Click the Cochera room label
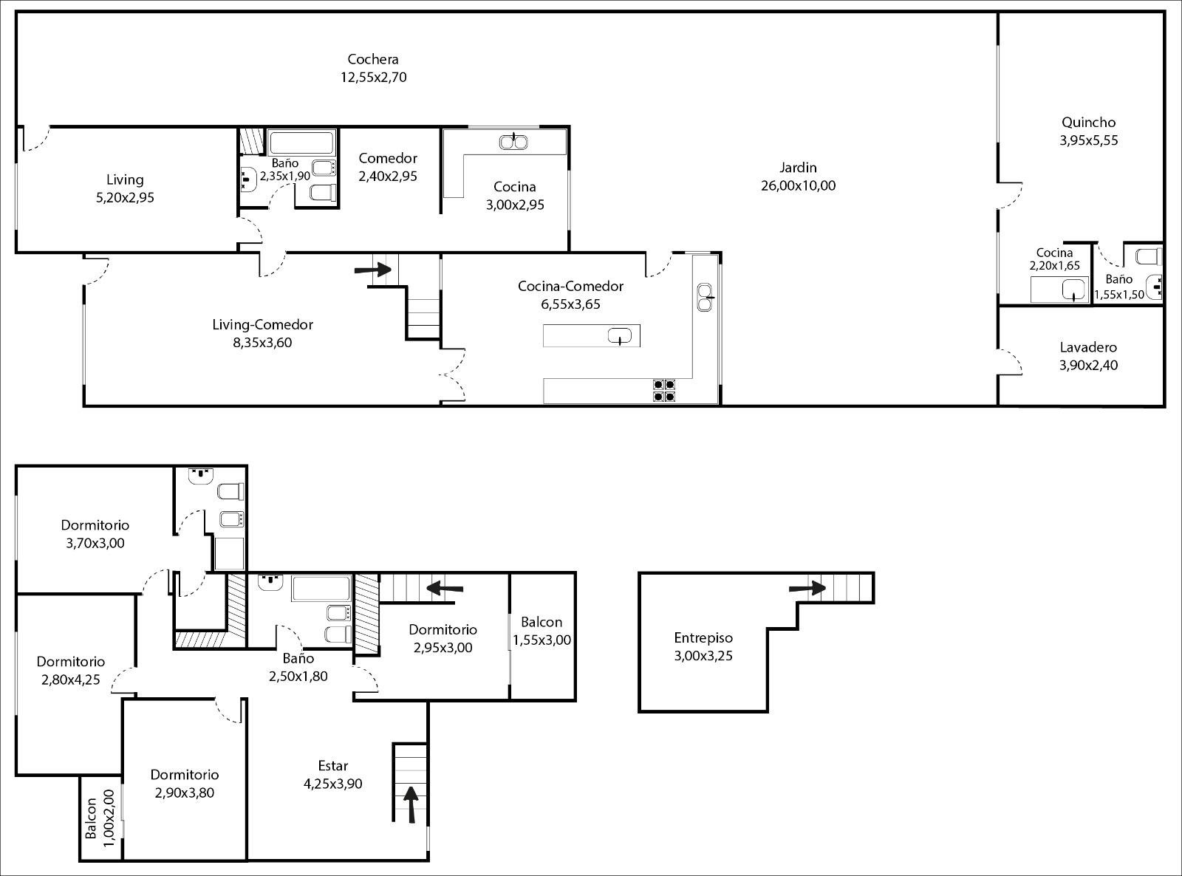click(x=373, y=59)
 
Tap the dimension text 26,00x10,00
click(x=798, y=185)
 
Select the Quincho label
click(x=1088, y=123)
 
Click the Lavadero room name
click(x=1087, y=347)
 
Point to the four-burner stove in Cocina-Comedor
click(x=665, y=390)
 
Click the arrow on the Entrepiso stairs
click(x=807, y=588)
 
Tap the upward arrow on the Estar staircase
click(x=410, y=804)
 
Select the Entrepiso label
click(x=703, y=638)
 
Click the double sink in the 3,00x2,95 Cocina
click(x=513, y=142)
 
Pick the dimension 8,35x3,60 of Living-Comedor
click(x=262, y=343)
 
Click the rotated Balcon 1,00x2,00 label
click(x=100, y=818)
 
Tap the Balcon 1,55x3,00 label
click(x=542, y=631)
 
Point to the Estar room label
click(x=332, y=766)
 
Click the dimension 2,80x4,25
click(x=70, y=680)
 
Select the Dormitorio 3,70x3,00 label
click(x=95, y=534)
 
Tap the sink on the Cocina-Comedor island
click(x=620, y=336)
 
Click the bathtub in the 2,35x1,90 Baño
click(x=301, y=143)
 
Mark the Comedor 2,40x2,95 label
click(x=387, y=167)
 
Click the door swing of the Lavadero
click(x=1011, y=363)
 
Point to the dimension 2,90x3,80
click(x=185, y=793)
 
